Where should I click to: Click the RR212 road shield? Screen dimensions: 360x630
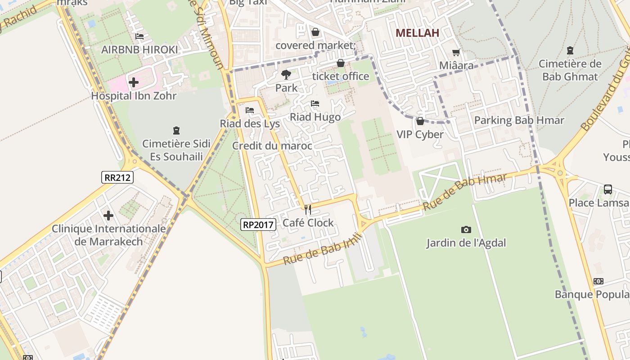[x=117, y=177]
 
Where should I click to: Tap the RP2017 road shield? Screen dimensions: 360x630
[x=258, y=225]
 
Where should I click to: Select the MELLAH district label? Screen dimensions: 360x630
[x=417, y=33]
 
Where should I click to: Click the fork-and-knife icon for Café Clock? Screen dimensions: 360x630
[x=308, y=210]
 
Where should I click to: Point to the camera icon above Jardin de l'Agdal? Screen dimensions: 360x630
[x=466, y=230]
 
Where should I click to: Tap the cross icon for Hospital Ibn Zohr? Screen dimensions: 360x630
[x=134, y=82]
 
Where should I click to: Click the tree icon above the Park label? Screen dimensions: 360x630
[x=286, y=75]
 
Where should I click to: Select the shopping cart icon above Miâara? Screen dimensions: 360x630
[x=456, y=53]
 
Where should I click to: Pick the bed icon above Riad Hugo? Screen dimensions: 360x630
[x=315, y=104]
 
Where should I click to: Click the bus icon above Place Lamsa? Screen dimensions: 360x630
[x=608, y=189]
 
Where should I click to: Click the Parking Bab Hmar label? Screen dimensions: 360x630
[x=519, y=120]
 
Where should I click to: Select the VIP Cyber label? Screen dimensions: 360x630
[x=420, y=134]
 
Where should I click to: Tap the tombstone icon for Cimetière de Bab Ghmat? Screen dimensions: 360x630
[x=570, y=50]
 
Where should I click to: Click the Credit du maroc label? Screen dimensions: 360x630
[x=272, y=146]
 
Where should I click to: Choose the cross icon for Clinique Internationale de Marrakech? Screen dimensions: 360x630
[x=108, y=216]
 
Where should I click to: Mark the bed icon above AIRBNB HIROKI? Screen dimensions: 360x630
[x=139, y=36]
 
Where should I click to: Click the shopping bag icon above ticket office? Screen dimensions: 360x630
[x=341, y=63]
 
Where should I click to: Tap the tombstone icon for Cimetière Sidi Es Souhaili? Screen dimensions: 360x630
[x=176, y=130]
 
